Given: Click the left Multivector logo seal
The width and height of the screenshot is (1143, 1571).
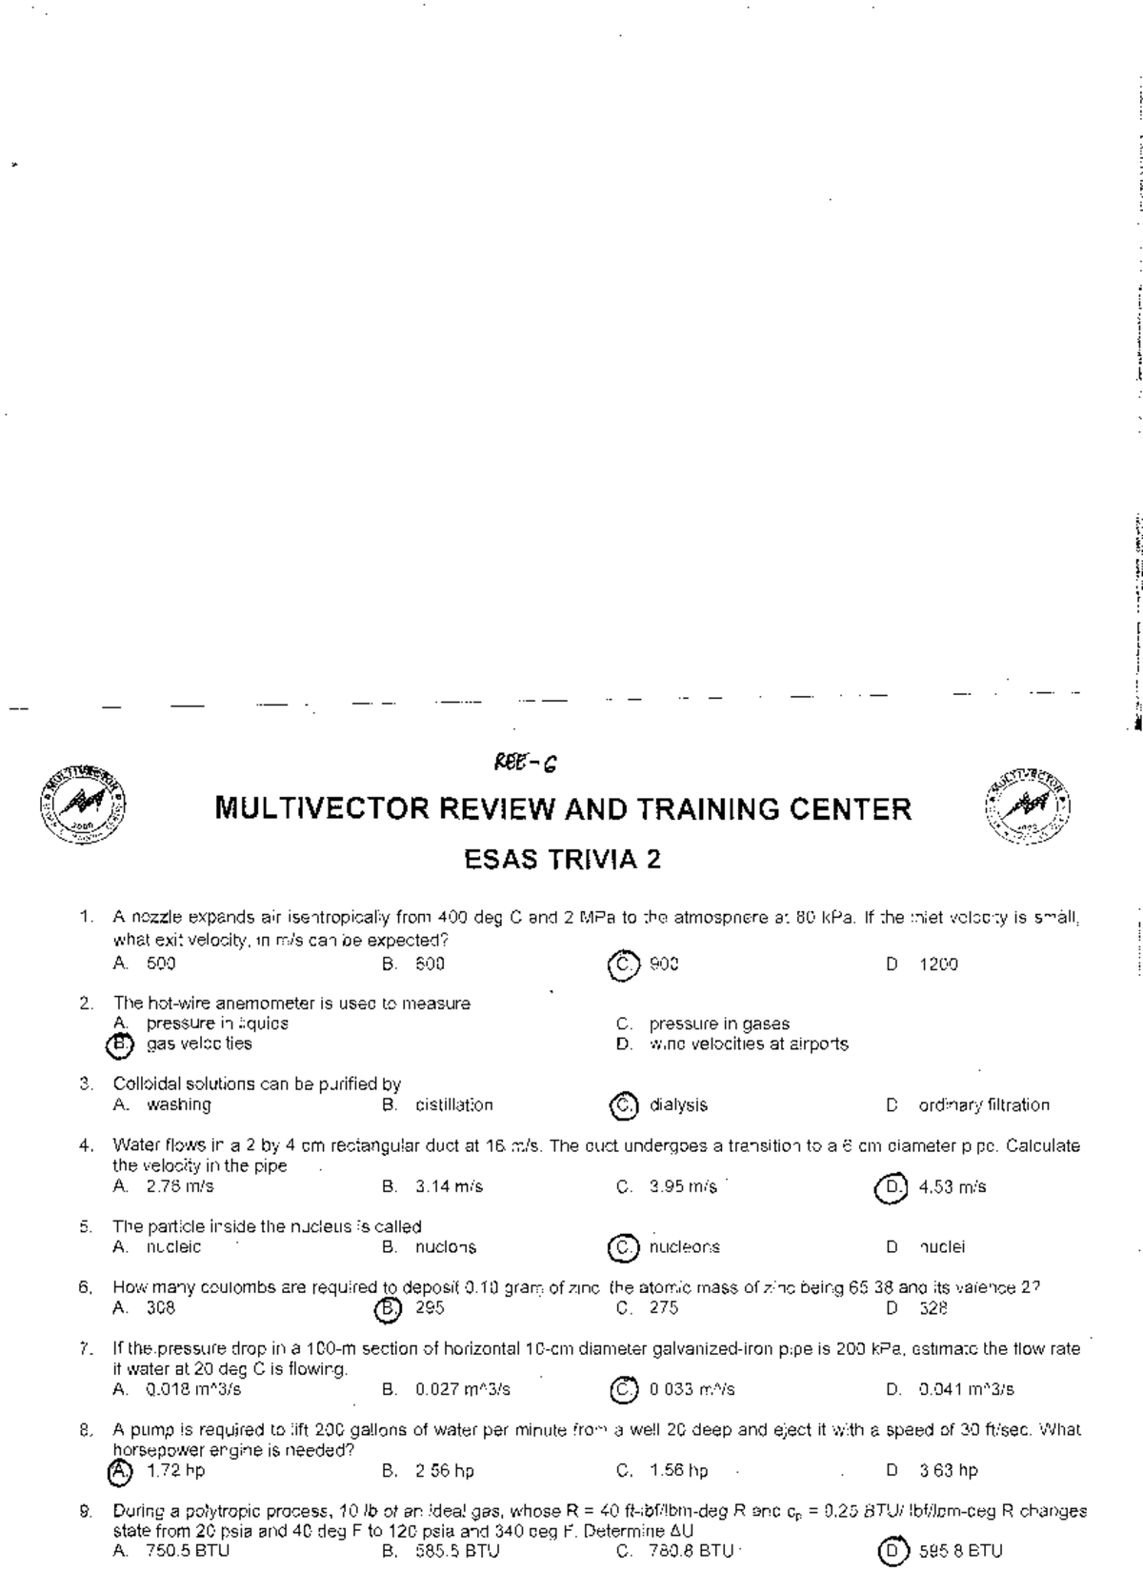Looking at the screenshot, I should click(x=83, y=806).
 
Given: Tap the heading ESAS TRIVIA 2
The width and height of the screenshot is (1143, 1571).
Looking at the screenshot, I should click(x=562, y=860).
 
